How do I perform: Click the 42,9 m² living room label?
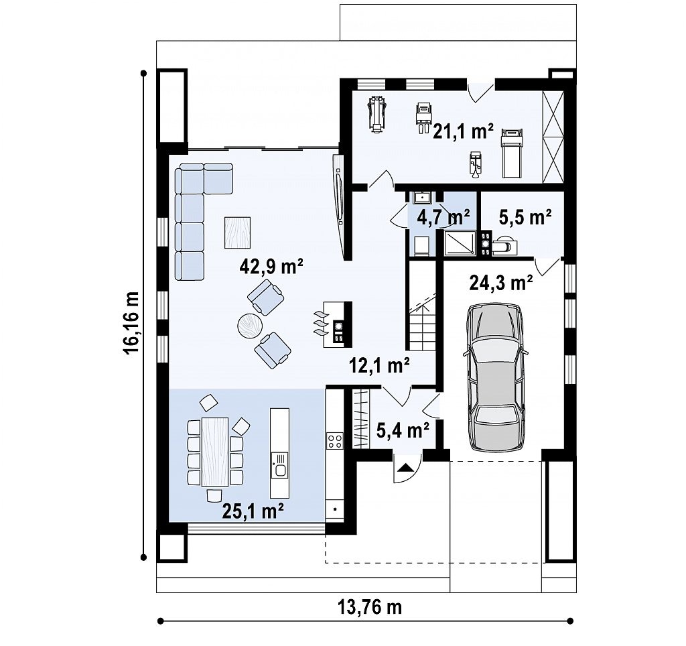[x=271, y=266]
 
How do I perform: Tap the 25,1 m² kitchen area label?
[x=253, y=511]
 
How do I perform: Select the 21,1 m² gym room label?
[x=464, y=131]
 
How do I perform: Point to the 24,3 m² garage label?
[x=501, y=283]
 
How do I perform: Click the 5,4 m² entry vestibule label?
[x=403, y=431]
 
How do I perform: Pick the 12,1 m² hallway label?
[x=379, y=365]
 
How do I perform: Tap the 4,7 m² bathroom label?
[x=443, y=216]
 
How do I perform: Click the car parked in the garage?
[x=496, y=377]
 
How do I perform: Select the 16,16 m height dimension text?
[x=131, y=322]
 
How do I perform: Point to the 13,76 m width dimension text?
[x=370, y=607]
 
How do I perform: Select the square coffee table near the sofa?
[x=238, y=233]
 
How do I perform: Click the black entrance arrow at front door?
[x=405, y=468]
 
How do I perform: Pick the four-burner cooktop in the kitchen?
[x=335, y=440]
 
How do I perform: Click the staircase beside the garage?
[x=422, y=306]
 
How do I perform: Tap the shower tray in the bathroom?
[x=460, y=243]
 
